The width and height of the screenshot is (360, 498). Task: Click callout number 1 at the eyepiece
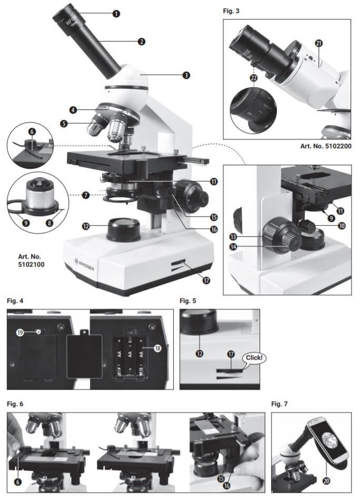point(116,14)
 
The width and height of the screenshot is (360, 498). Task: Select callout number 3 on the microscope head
point(186,75)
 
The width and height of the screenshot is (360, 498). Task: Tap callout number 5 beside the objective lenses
point(64,124)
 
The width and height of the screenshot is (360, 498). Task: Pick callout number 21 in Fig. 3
point(319,43)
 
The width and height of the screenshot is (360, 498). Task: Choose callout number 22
point(254,77)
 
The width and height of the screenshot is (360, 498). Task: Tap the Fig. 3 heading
point(232,11)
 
